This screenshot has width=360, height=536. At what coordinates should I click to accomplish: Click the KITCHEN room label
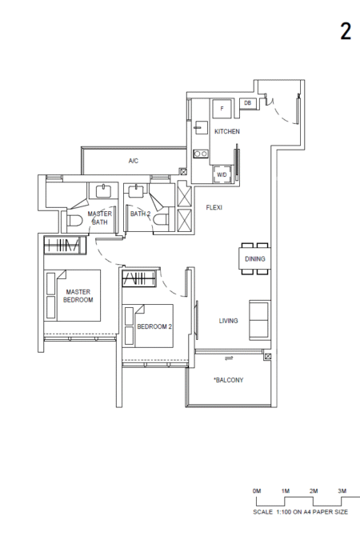(227, 131)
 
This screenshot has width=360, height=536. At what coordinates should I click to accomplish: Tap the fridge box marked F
(222, 109)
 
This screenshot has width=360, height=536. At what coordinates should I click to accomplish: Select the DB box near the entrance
(248, 103)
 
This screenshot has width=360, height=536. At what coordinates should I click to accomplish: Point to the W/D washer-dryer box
(222, 174)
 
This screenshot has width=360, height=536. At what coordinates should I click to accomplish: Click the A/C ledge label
(134, 161)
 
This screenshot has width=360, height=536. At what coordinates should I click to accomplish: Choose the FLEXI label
(214, 207)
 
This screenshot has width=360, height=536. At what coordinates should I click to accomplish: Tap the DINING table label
(255, 258)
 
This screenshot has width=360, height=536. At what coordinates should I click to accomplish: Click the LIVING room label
(228, 321)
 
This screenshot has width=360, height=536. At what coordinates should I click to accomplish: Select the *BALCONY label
(228, 380)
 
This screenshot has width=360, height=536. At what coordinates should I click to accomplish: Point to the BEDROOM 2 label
(154, 326)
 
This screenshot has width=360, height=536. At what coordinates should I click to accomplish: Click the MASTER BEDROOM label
(78, 296)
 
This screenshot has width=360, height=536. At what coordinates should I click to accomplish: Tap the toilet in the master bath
(74, 221)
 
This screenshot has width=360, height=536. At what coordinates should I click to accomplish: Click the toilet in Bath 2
(161, 220)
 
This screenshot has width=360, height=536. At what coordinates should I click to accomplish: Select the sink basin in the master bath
(103, 191)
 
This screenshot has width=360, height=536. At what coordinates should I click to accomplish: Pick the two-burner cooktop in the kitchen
(200, 154)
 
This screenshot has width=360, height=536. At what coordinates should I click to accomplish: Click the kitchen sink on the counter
(201, 127)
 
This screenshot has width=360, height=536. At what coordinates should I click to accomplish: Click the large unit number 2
(346, 31)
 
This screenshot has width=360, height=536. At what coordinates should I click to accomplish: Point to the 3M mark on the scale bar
(342, 491)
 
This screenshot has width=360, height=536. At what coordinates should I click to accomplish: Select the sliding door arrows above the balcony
(229, 358)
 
